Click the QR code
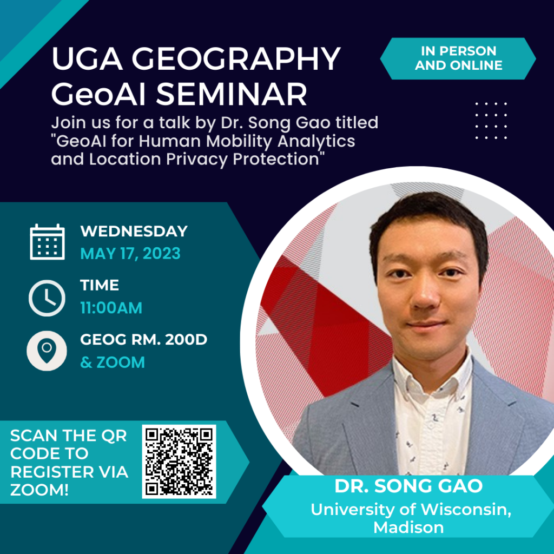179,461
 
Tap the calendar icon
48,242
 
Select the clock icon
47,298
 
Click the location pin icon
47,351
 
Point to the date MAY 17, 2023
130,254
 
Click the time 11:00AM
111,308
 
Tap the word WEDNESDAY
134,232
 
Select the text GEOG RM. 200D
144,340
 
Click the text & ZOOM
113,362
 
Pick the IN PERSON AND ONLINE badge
458,58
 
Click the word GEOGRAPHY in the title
236,58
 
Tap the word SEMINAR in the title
232,94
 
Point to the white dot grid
491,121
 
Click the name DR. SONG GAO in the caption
409,486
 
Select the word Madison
409,527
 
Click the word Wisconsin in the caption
466,510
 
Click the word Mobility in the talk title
239,141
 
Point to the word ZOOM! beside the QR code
39,490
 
